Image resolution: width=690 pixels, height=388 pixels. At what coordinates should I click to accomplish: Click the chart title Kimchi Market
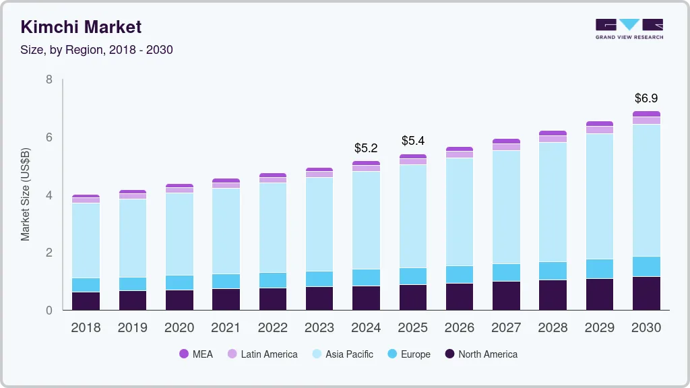tap(81, 28)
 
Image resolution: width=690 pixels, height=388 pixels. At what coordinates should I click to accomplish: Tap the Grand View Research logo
tap(629, 29)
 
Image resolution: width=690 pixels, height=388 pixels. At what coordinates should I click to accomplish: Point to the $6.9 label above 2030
tap(646, 98)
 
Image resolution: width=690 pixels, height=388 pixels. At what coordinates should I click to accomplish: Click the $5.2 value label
tap(366, 148)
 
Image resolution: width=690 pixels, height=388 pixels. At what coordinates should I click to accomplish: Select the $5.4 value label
tap(413, 141)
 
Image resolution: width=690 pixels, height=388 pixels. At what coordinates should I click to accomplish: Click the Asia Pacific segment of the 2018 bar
tap(86, 240)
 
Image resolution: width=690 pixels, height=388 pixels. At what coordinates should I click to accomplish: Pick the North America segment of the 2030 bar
tap(646, 293)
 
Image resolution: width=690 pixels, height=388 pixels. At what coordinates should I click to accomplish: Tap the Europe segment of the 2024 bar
tap(366, 278)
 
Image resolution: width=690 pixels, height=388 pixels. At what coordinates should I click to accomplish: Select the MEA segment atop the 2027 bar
tap(506, 141)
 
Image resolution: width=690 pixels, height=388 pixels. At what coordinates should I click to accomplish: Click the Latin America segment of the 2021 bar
tap(226, 185)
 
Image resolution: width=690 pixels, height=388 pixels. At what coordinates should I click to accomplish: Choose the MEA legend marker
tap(184, 354)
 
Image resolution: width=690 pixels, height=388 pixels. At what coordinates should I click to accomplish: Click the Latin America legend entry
tap(262, 354)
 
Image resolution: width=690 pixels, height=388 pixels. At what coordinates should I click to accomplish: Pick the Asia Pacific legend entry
tap(342, 354)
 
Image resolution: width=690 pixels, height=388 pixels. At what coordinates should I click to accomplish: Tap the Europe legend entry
tap(408, 354)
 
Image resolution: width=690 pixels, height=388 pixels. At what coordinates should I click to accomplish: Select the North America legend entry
tap(480, 354)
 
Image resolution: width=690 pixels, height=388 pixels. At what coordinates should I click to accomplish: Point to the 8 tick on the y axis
tap(49, 79)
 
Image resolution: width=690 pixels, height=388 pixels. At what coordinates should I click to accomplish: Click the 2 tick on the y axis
tap(49, 253)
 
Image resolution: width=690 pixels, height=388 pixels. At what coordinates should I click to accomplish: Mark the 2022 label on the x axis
tap(272, 328)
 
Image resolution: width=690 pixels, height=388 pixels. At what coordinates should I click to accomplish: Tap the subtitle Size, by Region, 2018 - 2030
tap(97, 50)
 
